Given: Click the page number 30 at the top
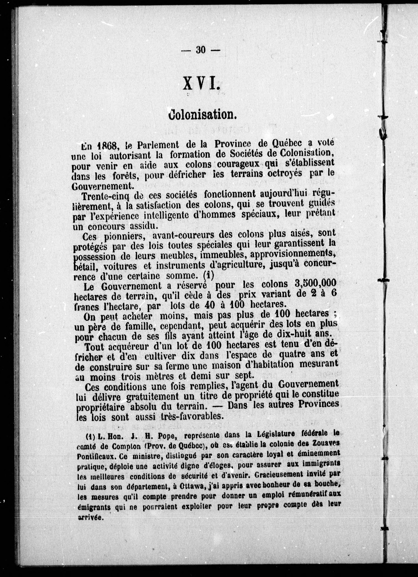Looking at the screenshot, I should pyautogui.click(x=200, y=50).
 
